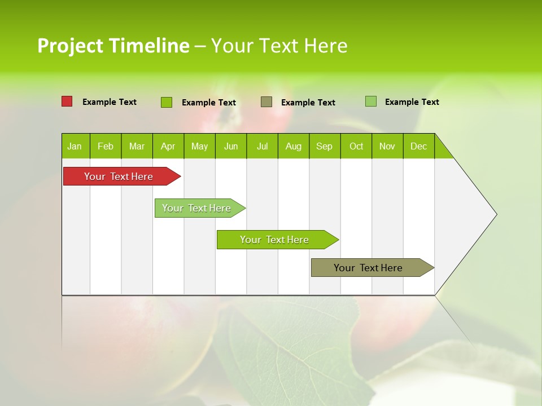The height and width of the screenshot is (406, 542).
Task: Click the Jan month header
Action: [x=75, y=146]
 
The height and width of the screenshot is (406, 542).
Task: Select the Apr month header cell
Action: [x=168, y=146]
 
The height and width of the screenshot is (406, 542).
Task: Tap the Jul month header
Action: [x=262, y=146]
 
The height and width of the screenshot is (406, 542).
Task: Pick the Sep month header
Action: [x=325, y=146]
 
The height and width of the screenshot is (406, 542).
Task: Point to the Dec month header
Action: [x=418, y=146]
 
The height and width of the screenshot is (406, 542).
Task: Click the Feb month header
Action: [x=106, y=146]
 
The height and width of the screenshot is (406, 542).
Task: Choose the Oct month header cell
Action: [x=356, y=146]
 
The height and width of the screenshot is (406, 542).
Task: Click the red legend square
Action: [x=67, y=101]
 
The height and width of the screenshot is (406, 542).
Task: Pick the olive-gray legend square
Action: [x=266, y=102]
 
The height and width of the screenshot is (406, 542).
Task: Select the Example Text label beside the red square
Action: [x=110, y=102]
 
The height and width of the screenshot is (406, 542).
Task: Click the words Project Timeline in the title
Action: [x=113, y=46]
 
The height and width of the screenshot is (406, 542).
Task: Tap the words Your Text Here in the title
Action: [x=279, y=46]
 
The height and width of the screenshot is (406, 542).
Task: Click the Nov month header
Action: [x=387, y=146]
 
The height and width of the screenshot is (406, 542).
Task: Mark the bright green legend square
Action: [x=167, y=102]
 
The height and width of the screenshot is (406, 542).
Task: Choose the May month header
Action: [x=199, y=146]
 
